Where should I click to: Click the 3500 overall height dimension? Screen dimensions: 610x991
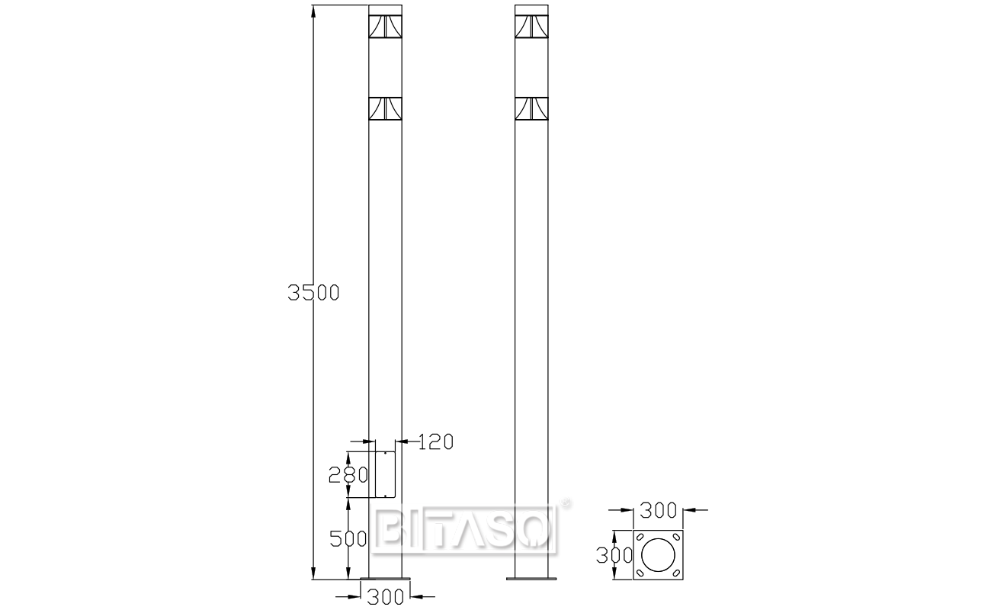[x=313, y=292]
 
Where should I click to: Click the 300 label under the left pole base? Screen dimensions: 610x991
[x=385, y=596]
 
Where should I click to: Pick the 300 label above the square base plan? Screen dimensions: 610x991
[x=659, y=509]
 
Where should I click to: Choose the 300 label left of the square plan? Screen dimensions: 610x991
[x=614, y=554]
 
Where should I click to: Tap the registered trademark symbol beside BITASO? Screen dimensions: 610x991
[x=566, y=503]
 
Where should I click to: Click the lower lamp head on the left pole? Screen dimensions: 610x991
[x=385, y=109]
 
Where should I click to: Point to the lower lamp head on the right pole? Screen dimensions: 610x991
[x=532, y=109]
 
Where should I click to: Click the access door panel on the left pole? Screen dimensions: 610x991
[x=386, y=474]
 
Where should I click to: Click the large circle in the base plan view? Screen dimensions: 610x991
[x=658, y=555]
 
